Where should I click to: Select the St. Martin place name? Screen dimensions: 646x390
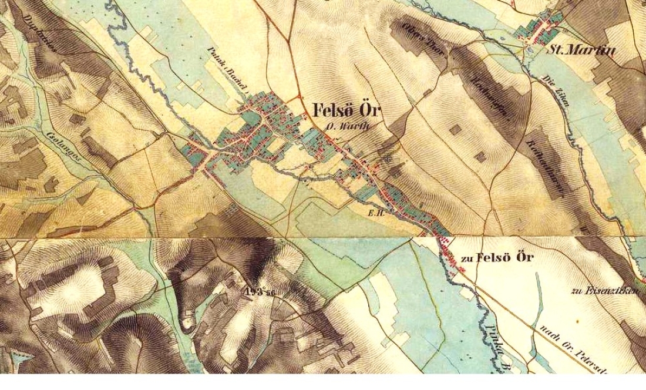581,51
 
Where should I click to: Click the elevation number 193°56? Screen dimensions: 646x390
261,292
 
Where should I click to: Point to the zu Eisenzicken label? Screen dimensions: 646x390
604,291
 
